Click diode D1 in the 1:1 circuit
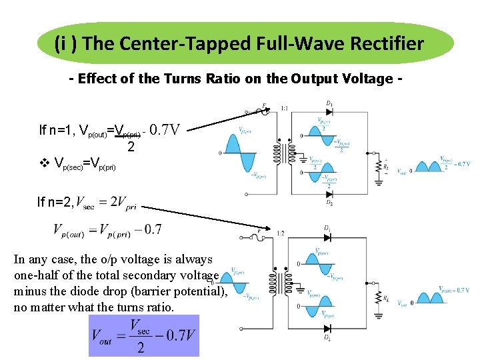point(329,112)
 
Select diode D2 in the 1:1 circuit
point(329,194)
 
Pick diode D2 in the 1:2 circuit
point(327,329)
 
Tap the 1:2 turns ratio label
point(282,233)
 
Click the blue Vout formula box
point(143,335)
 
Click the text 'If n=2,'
point(55,202)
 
